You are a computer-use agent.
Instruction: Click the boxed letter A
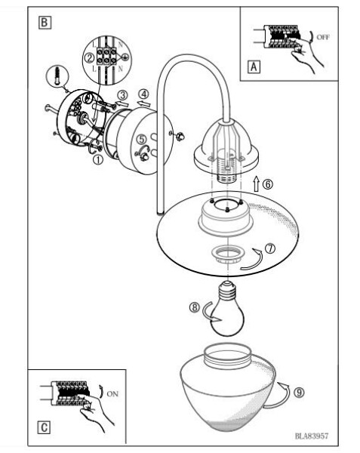tap(254, 66)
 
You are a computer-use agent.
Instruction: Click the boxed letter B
tap(45, 23)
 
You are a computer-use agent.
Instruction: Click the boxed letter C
tap(44, 427)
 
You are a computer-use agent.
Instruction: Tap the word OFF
tap(323, 37)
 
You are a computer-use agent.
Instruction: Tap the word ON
tap(112, 393)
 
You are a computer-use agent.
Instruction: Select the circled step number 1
tap(98, 159)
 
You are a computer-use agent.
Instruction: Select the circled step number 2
tap(89, 58)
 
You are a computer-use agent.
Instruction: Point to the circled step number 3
tap(122, 95)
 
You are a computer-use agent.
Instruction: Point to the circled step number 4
tap(143, 94)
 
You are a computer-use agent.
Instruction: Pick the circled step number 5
tap(141, 139)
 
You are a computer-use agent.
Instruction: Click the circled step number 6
tap(268, 183)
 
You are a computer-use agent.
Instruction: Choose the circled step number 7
tap(270, 248)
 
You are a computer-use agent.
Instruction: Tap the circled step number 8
tap(195, 307)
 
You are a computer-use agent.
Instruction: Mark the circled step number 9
tap(299, 392)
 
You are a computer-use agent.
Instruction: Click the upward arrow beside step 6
tap(256, 183)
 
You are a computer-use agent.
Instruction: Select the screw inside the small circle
tap(58, 75)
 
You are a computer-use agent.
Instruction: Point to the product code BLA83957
tap(312, 436)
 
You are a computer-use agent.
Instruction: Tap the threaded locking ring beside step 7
tap(228, 254)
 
